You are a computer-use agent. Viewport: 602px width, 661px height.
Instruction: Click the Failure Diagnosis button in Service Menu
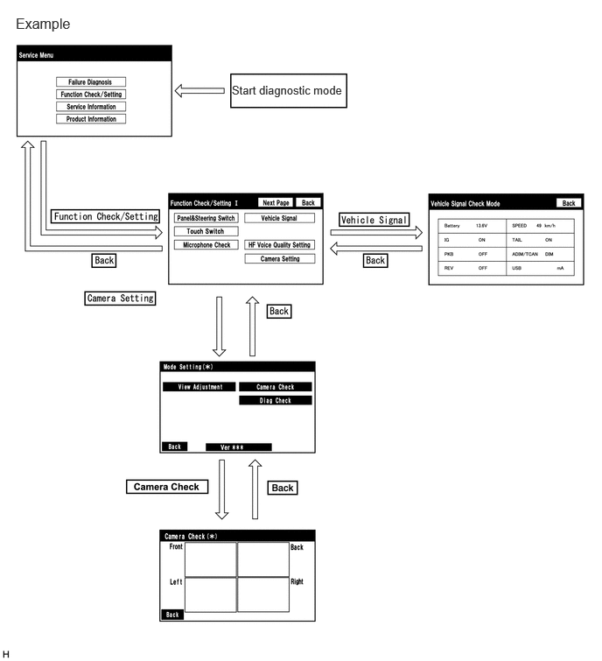(x=91, y=81)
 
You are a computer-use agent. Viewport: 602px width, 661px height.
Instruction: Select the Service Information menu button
(x=91, y=107)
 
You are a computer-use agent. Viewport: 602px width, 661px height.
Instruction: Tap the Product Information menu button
(x=91, y=119)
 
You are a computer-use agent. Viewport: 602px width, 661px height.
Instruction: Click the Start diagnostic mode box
(x=288, y=91)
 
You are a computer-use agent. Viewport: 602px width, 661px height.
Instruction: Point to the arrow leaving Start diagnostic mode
(x=199, y=91)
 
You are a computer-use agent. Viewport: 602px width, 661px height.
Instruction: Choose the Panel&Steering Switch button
(x=206, y=218)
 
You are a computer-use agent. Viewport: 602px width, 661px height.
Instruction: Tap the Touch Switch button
(x=206, y=231)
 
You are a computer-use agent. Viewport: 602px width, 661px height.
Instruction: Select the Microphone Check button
(x=206, y=245)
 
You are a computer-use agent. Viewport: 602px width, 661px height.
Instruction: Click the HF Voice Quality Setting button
(x=279, y=245)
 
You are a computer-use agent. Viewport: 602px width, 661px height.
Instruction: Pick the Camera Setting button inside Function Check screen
(x=279, y=259)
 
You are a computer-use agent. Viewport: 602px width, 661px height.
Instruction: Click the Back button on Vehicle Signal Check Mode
(x=568, y=203)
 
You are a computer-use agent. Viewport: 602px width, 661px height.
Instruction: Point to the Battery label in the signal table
(x=451, y=226)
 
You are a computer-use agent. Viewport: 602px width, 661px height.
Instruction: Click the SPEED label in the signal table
(x=519, y=226)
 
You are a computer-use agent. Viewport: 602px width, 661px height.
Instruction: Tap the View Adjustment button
(x=199, y=387)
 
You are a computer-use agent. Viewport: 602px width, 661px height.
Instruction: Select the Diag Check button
(x=276, y=400)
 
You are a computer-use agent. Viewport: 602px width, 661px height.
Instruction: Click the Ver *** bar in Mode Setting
(x=239, y=447)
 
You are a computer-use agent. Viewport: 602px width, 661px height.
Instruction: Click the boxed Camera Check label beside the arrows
(x=167, y=487)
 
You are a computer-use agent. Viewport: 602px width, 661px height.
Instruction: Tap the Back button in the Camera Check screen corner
(x=172, y=615)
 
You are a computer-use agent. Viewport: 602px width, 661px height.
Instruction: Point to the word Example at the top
(x=43, y=24)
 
